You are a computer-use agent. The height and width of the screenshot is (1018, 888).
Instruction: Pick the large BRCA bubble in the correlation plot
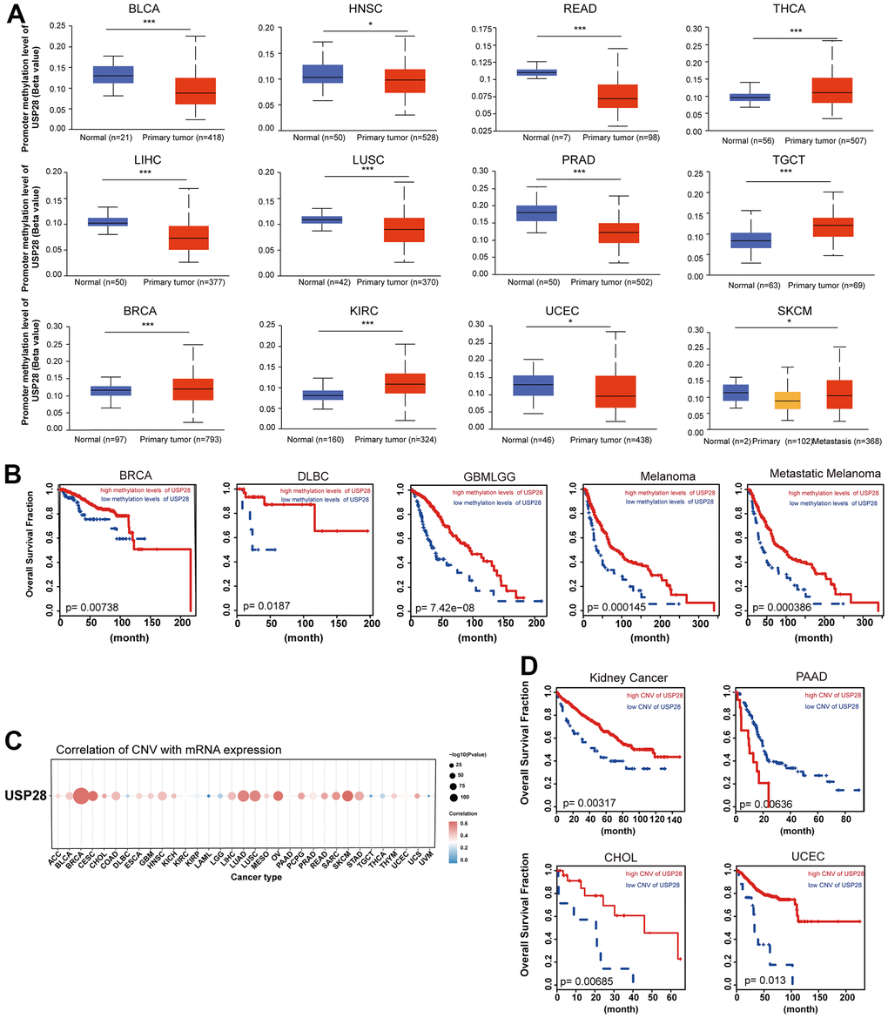point(81,796)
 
